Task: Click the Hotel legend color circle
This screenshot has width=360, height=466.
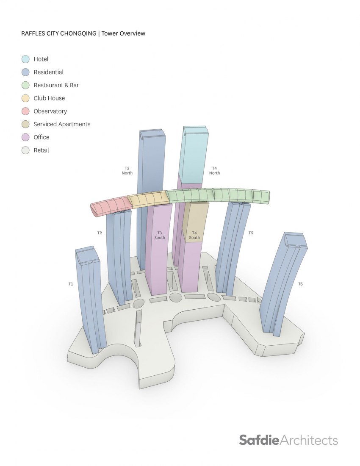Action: coord(25,59)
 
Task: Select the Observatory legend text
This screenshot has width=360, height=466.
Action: coord(50,111)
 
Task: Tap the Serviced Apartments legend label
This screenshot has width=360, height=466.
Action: coord(62,124)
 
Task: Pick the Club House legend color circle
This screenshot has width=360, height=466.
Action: coord(25,98)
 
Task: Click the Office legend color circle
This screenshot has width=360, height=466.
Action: coord(25,137)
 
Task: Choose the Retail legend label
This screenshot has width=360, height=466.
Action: coord(41,150)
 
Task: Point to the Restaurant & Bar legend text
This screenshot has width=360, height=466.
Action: coord(56,85)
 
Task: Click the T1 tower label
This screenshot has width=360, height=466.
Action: coord(71,284)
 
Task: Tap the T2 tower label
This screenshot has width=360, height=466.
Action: coord(100,233)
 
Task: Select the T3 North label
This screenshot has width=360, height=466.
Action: coord(127,171)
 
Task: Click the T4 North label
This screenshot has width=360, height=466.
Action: coord(214,171)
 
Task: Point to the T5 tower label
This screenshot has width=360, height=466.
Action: coord(251,233)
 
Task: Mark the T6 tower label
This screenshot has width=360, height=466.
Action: coord(300,284)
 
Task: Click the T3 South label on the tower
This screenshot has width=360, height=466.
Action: coord(160,236)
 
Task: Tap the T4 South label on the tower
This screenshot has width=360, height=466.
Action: coord(194,236)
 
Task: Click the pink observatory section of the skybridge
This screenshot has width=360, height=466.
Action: coord(111,205)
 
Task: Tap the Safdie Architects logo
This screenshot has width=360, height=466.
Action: coord(288,440)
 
